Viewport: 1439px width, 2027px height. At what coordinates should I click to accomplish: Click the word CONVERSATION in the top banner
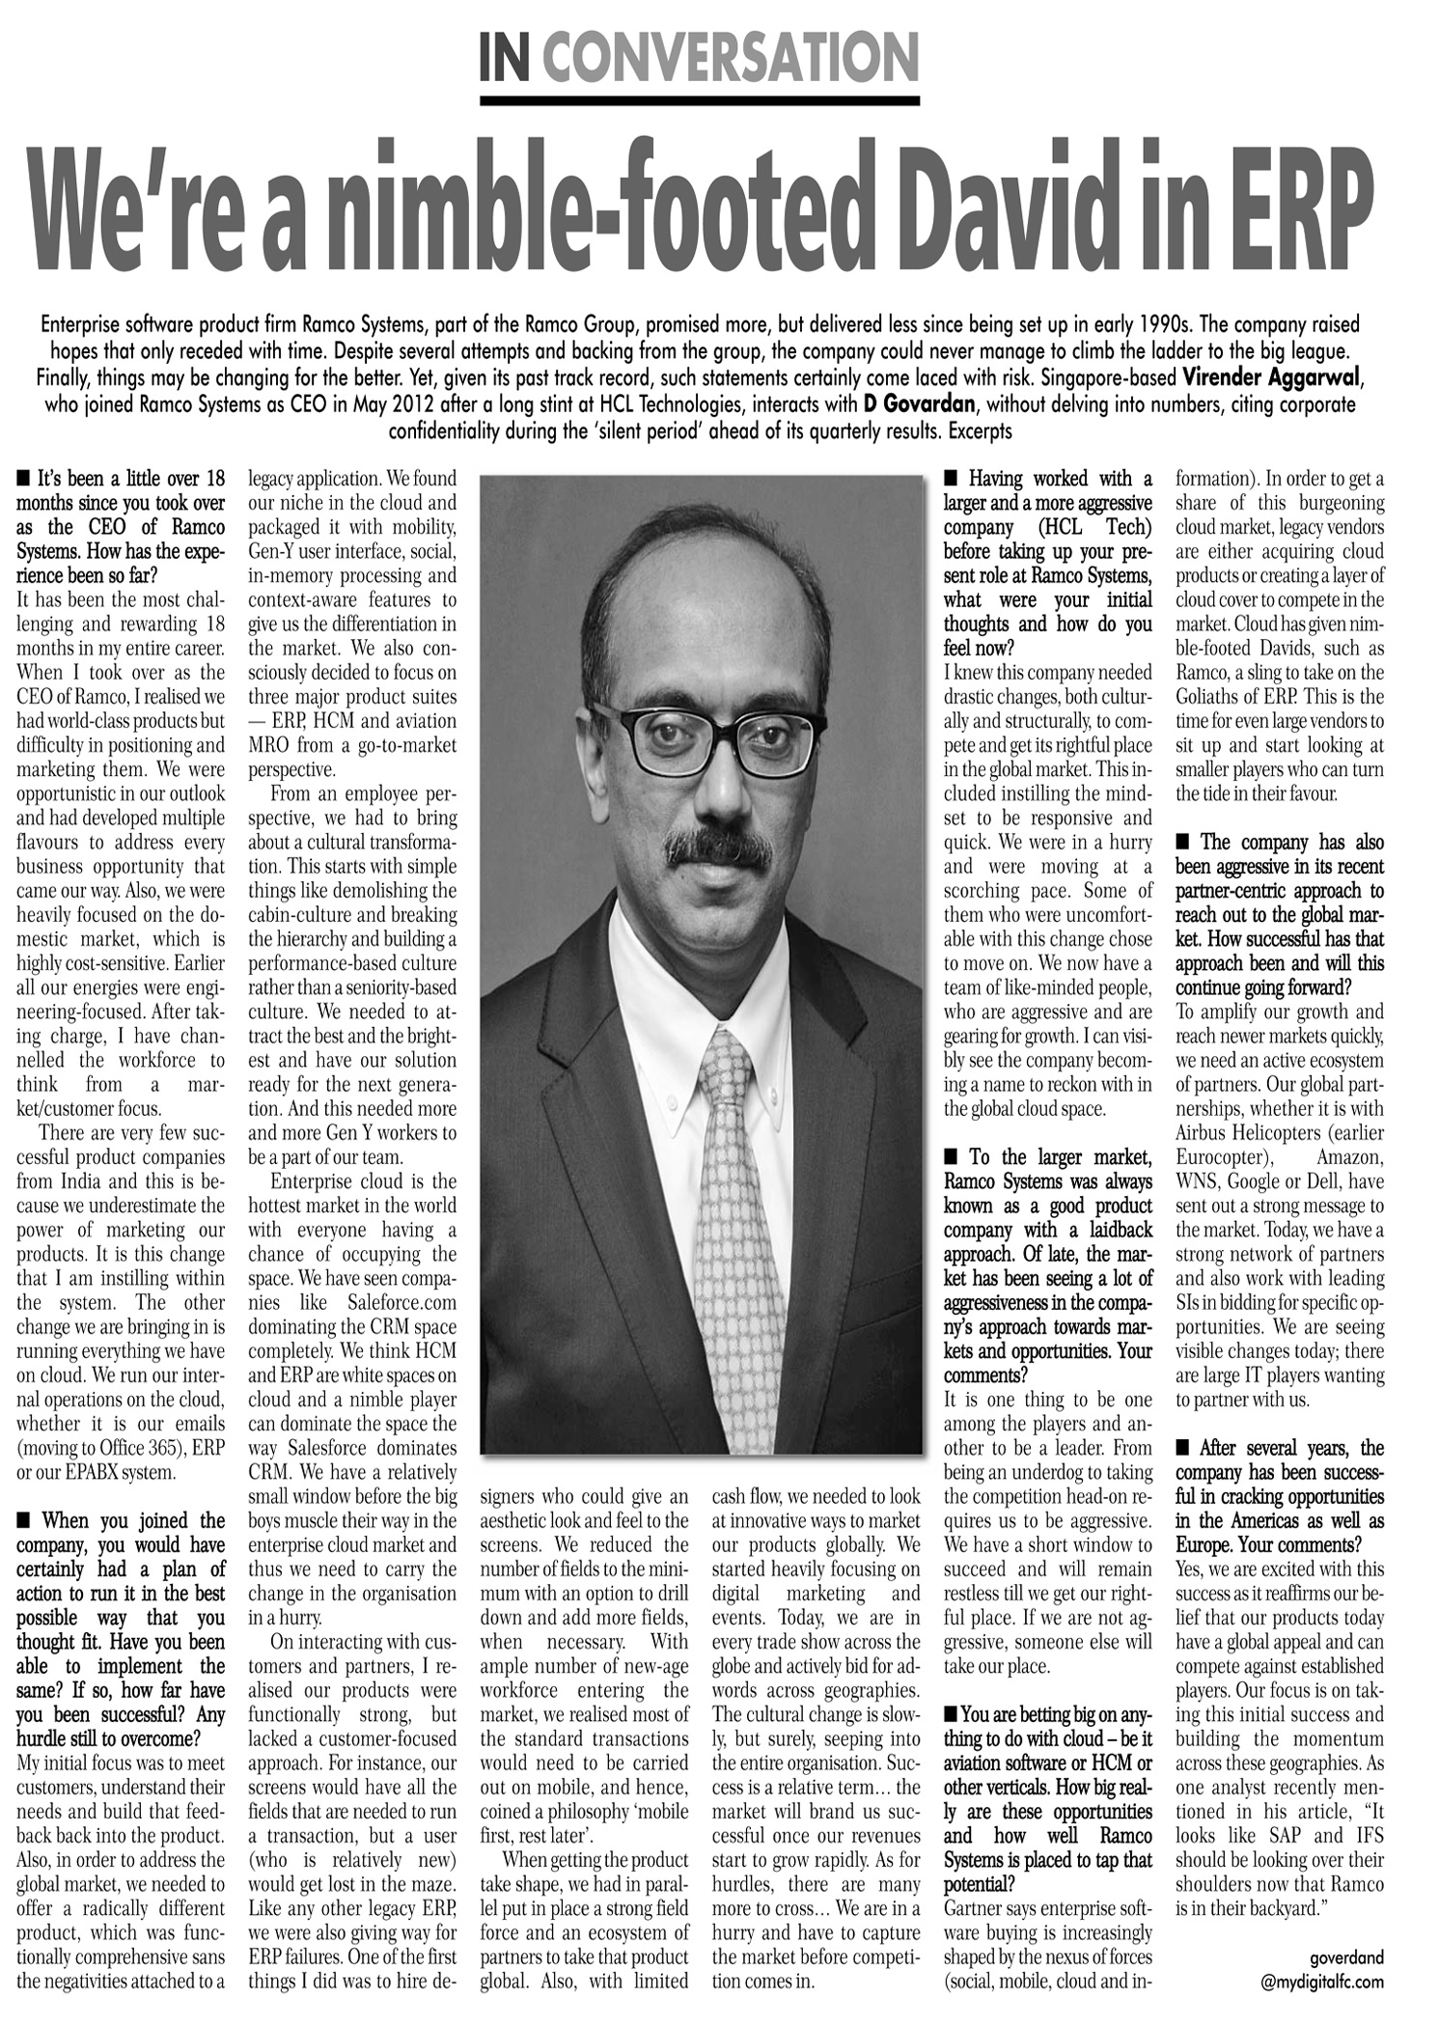pyautogui.click(x=730, y=58)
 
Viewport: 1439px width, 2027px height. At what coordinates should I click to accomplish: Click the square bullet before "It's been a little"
pyautogui.click(x=22, y=479)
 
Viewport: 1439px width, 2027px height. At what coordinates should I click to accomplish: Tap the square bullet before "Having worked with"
pyautogui.click(x=950, y=479)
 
